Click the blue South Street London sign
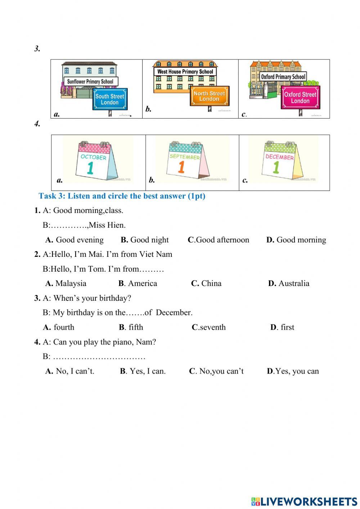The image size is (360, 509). pos(110,99)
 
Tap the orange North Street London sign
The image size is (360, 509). pos(209,96)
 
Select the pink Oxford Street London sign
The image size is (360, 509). pos(300,98)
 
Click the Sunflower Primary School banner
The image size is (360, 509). pos(90,81)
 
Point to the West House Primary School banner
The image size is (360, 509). pos(185,72)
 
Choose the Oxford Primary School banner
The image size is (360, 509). pos(283,77)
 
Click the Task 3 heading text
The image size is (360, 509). pos(122,196)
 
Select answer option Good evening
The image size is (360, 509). pos(80,240)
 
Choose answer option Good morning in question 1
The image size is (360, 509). pos(301,240)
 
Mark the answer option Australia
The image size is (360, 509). pos(294,283)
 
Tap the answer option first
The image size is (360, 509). pos(287,327)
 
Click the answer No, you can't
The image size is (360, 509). pos(221,371)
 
